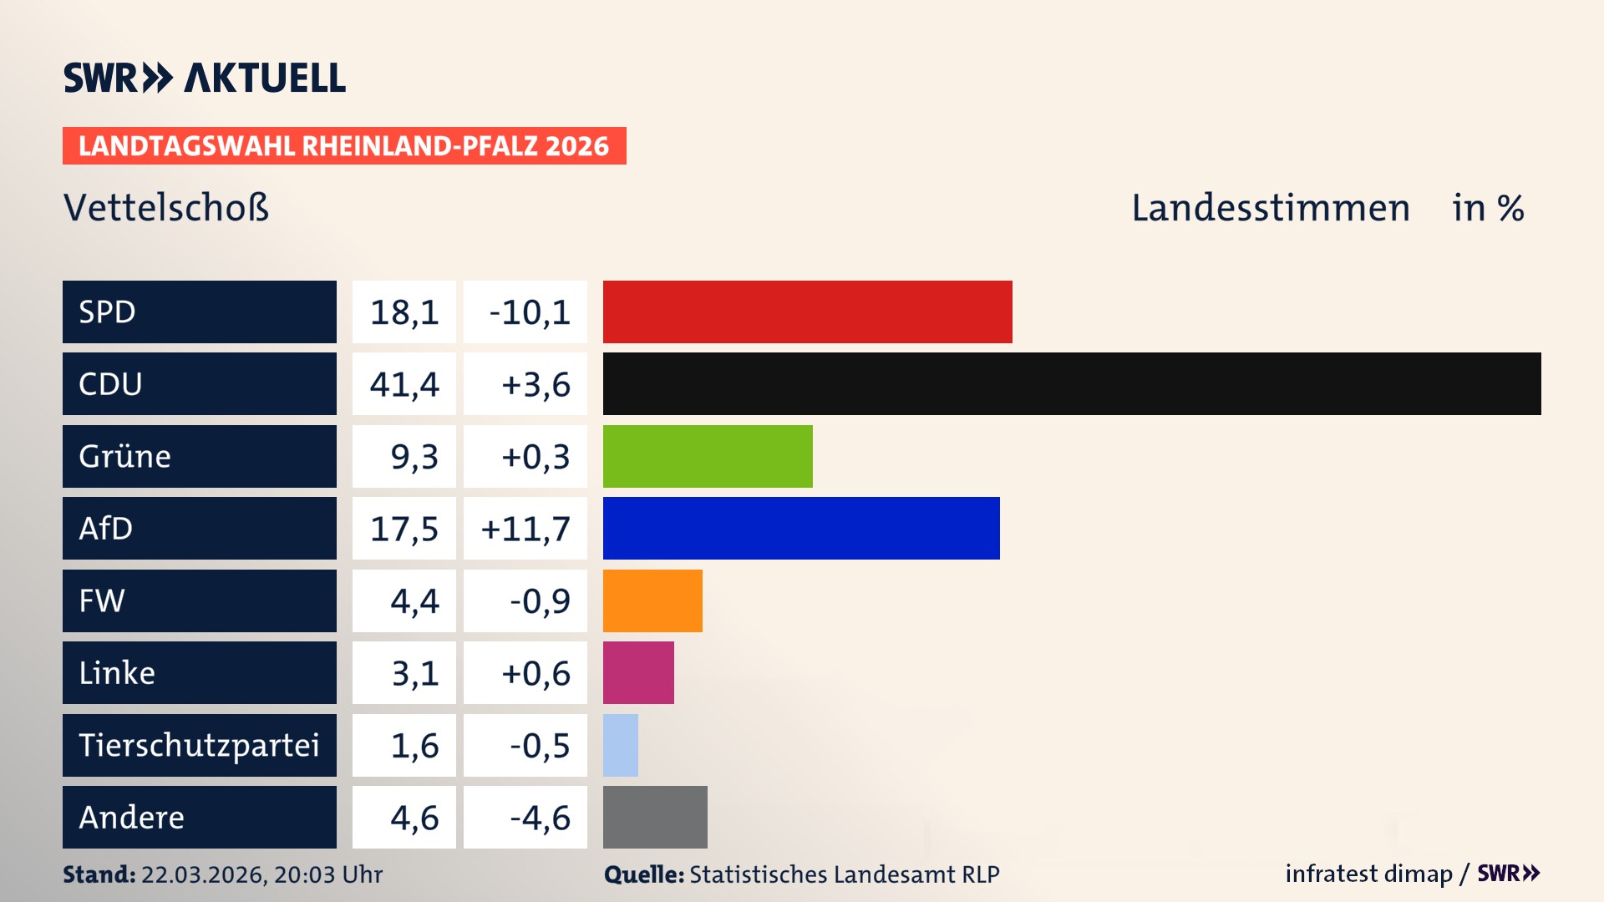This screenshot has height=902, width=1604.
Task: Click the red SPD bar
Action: click(807, 312)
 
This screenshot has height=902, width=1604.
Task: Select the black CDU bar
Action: click(1071, 383)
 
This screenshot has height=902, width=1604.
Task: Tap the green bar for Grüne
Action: click(707, 456)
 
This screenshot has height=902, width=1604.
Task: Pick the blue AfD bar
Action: click(800, 528)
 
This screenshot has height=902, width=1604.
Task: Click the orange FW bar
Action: click(652, 600)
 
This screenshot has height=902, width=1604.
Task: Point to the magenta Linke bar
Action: click(637, 672)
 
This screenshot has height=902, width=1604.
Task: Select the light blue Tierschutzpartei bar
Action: click(620, 745)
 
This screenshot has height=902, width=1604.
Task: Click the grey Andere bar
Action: click(654, 817)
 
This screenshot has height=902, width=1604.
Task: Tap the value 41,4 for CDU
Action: click(404, 384)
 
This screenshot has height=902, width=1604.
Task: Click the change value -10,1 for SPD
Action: click(529, 312)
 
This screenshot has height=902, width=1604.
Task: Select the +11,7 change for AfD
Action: click(525, 529)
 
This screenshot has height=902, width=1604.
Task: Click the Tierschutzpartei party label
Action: click(199, 745)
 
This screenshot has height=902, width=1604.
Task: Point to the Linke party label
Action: click(117, 673)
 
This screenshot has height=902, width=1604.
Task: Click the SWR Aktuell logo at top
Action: click(204, 78)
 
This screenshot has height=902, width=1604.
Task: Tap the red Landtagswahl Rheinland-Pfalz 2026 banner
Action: click(343, 146)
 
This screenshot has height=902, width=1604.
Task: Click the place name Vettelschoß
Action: click(166, 208)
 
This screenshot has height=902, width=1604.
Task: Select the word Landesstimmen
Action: click(1270, 208)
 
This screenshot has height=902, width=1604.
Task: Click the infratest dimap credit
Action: click(1368, 874)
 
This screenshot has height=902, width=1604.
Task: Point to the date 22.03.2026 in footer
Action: click(203, 874)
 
